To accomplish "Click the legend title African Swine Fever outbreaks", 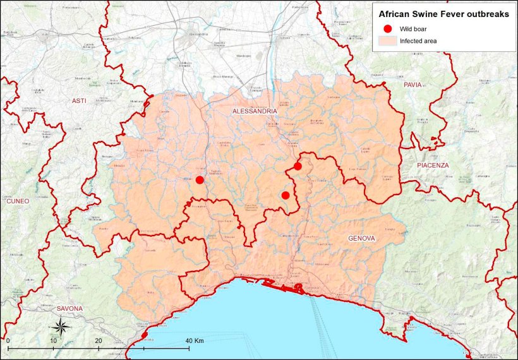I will point(443,13).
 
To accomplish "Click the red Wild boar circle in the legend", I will point(387,28).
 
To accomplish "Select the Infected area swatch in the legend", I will point(387,41).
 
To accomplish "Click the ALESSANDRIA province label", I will point(255,111).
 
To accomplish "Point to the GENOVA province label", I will point(361,238).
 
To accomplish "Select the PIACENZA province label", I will point(433,165).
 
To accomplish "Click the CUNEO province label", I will point(18,201).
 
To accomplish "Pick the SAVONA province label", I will point(69,308).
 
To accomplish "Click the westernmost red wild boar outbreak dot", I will point(200,180).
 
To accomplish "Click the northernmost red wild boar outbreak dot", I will point(298,166).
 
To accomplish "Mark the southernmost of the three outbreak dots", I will point(286,195).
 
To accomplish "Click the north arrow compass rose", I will point(61,327).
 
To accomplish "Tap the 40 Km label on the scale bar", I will point(195,340).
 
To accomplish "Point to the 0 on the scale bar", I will point(8,340).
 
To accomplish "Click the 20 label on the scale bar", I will point(98,340).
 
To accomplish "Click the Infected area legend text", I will point(418,41).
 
